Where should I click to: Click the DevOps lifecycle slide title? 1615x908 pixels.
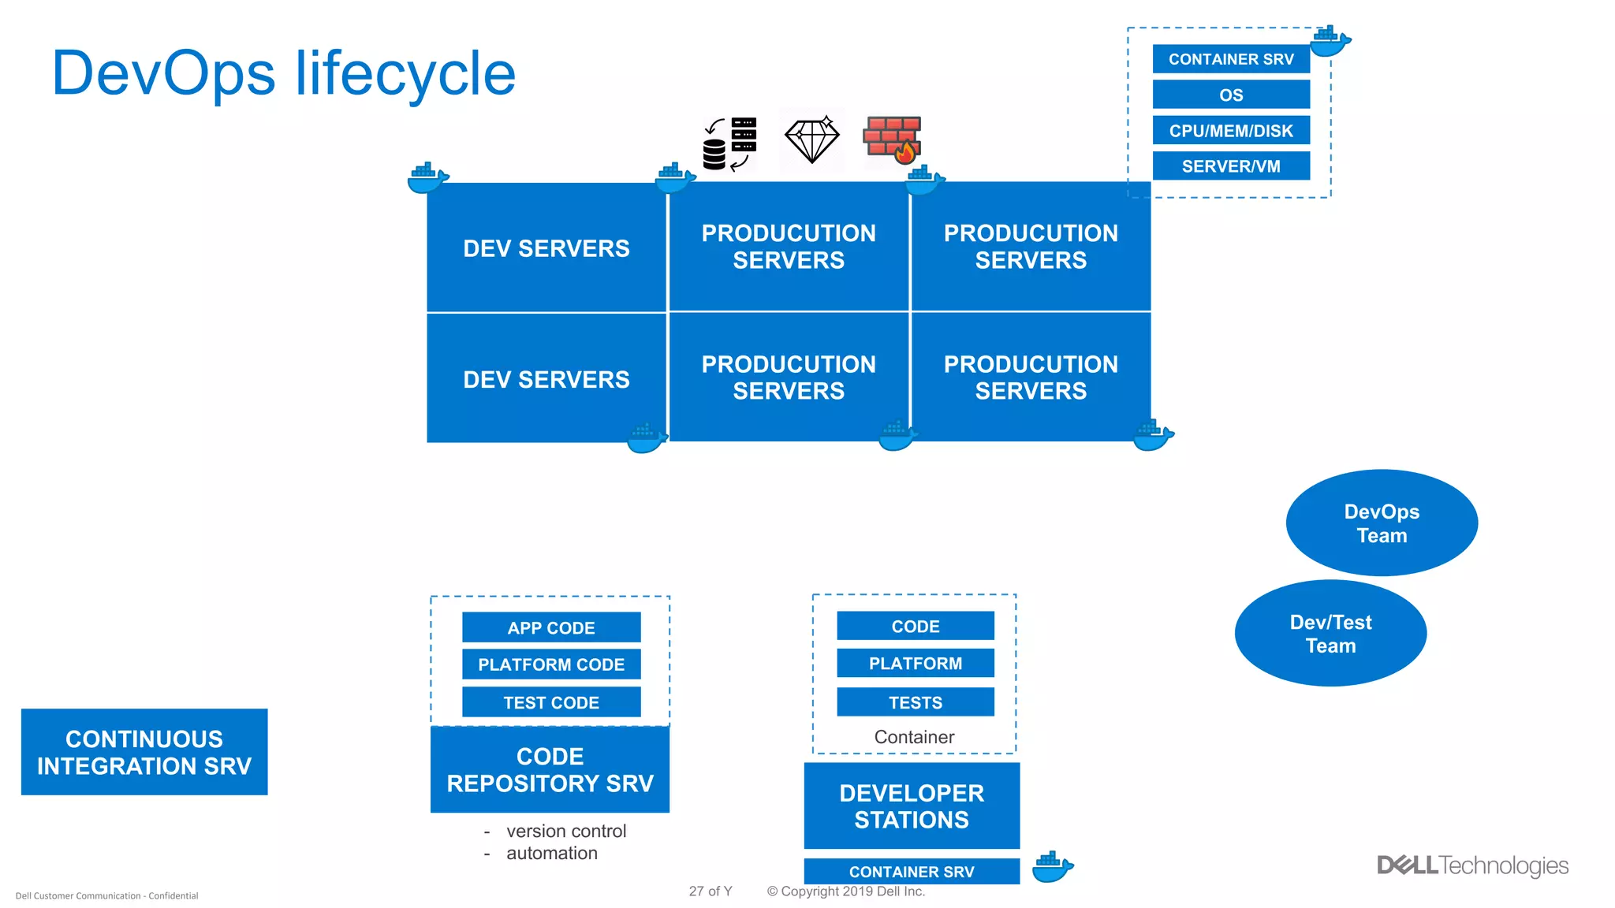283,73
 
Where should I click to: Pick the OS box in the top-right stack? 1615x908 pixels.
1230,95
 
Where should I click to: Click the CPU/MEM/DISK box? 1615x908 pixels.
1230,131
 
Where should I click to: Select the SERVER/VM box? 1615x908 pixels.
1230,166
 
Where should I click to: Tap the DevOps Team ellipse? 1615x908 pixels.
1381,523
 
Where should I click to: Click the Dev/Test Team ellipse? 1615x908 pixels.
1330,634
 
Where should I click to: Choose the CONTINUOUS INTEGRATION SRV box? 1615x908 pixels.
144,752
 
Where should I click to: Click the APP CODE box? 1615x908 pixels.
551,628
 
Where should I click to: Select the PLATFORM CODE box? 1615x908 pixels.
551,664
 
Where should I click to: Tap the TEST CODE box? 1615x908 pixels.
551,702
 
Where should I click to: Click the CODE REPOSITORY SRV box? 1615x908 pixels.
550,769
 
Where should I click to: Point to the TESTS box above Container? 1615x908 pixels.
915,702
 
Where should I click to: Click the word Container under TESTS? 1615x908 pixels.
914,737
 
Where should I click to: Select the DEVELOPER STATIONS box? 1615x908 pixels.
912,806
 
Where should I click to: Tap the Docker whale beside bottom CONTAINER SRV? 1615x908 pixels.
1052,867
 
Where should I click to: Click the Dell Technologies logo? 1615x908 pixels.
1472,865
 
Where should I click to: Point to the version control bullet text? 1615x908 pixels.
565,832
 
